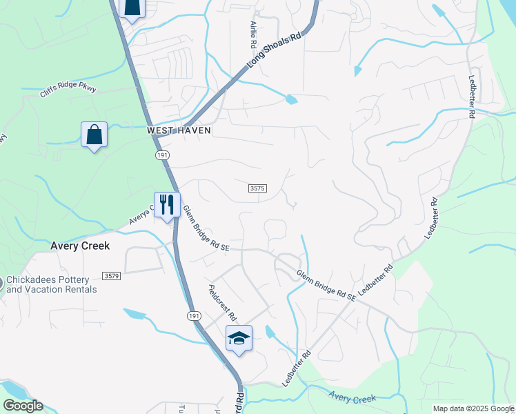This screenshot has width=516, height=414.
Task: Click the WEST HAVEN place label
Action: [179, 130]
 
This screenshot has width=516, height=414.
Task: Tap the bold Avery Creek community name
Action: [80, 246]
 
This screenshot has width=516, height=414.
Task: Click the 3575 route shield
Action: [257, 188]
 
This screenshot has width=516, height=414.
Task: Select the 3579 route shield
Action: [112, 276]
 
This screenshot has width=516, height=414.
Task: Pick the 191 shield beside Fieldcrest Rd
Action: [195, 315]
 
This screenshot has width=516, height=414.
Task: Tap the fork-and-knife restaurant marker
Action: [166, 204]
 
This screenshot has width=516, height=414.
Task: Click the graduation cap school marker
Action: [239, 338]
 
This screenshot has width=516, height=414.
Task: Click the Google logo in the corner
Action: [23, 406]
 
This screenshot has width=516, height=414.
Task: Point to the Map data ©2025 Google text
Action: [473, 408]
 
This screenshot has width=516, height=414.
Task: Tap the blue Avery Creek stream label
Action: [352, 398]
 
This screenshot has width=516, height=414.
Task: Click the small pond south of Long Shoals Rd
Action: [291, 99]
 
